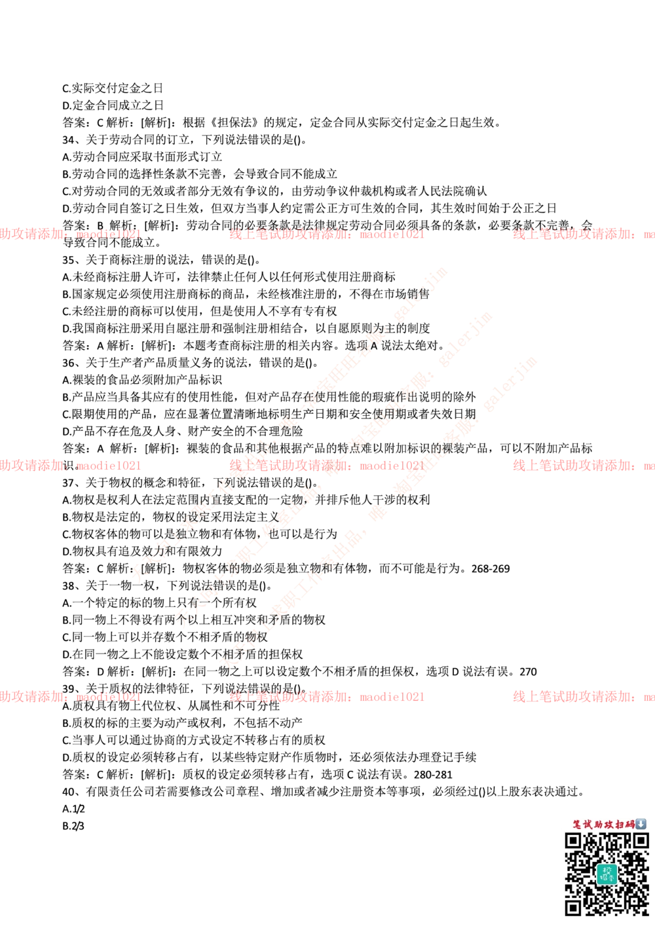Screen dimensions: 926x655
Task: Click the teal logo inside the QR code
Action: click(607, 874)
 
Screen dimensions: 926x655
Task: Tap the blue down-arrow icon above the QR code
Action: click(641, 824)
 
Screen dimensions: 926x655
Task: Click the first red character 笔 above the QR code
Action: click(577, 824)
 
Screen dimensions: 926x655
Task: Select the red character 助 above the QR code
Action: click(598, 824)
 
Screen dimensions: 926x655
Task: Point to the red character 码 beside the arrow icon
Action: click(630, 824)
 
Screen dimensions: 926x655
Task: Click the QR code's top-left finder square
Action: click(574, 842)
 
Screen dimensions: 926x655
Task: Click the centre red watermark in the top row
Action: click(326, 234)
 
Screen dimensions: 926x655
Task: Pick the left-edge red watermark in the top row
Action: click(70, 234)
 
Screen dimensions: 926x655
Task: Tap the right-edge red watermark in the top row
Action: click(583, 234)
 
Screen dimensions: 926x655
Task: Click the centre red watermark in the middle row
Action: click(326, 466)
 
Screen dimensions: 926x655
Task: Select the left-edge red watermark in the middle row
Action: click(70, 466)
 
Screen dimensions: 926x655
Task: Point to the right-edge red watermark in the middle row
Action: click(583, 466)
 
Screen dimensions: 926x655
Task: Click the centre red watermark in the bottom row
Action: click(326, 697)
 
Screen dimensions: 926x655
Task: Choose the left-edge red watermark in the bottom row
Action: click(70, 697)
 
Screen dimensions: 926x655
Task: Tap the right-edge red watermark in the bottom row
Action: click(583, 697)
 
